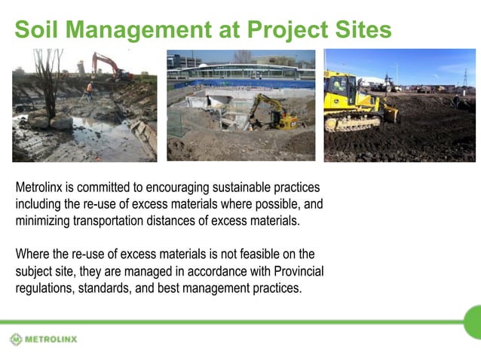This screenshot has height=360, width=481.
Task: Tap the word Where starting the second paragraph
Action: click(32, 254)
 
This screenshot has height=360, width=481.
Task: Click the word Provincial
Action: click(296, 270)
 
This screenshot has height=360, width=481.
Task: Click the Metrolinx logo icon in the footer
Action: click(16, 339)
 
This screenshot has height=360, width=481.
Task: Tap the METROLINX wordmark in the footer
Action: click(51, 339)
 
